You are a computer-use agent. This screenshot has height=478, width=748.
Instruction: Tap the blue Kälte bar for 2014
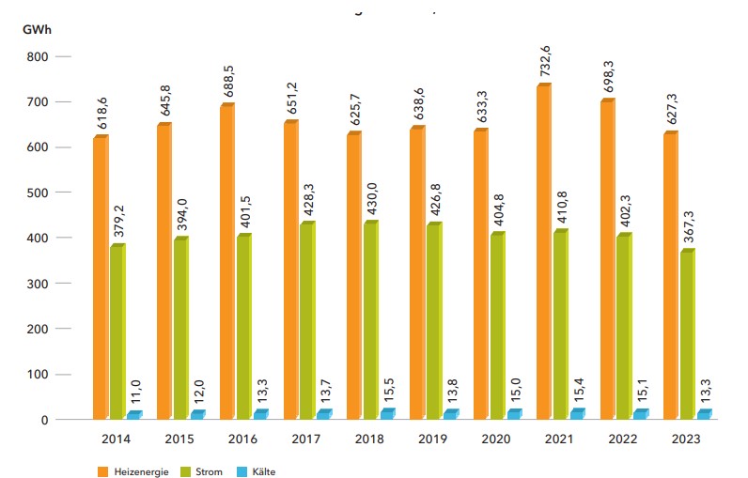point(133,415)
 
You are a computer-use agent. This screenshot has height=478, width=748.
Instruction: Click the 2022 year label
point(623,439)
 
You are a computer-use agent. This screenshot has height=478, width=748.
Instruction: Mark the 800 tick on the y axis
point(37,56)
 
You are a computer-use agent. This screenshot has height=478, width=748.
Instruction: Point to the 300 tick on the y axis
point(37,284)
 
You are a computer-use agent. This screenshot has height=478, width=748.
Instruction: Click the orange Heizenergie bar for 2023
point(670,275)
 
